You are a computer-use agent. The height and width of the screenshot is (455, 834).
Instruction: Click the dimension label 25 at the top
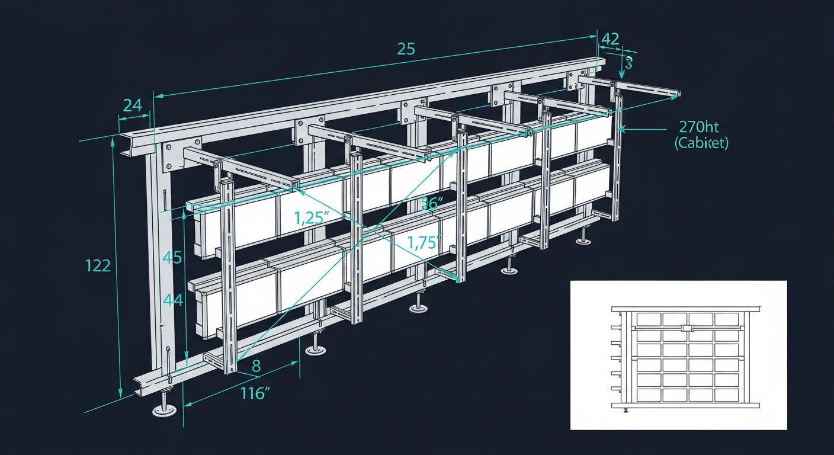coord(406,49)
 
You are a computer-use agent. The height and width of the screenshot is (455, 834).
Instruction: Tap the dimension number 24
coord(132,105)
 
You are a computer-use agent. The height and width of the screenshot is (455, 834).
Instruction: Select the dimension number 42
coord(610,39)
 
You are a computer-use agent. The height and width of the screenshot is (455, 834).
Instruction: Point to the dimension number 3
coord(629,62)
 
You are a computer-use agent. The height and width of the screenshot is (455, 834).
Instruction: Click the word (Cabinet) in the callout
coord(701,143)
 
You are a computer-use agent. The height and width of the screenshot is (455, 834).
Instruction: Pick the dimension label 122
coord(98,265)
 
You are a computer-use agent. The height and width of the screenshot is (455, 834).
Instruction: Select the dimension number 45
coord(172,257)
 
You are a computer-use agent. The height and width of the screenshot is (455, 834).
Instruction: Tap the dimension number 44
coord(172,300)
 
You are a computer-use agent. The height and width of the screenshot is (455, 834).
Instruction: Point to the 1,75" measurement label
coord(425,242)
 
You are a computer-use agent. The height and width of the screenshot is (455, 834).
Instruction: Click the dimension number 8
coord(256,366)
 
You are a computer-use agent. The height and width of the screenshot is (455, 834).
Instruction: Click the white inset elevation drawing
coord(678,355)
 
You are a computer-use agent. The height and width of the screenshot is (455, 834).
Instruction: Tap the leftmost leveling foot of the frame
coord(165,409)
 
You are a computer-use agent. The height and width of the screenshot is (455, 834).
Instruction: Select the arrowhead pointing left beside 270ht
coord(621,127)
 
